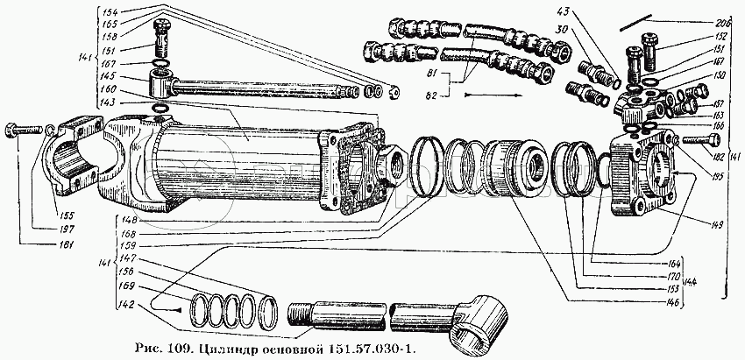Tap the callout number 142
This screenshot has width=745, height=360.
point(129,306)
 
